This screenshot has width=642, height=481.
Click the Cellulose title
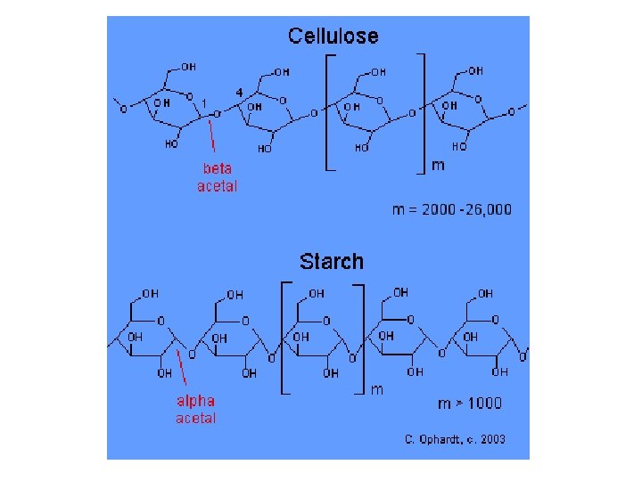[x=333, y=37]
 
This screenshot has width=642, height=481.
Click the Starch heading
[x=332, y=261]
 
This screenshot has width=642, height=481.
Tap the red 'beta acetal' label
[x=217, y=177]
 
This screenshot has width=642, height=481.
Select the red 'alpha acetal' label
[x=195, y=409]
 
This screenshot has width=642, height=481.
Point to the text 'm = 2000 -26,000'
[x=452, y=209]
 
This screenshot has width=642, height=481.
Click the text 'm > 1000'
[x=469, y=403]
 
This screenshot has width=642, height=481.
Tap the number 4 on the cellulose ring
[x=240, y=92]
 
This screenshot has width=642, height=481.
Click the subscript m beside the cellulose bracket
[x=438, y=165]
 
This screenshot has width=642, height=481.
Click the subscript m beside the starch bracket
[x=377, y=390]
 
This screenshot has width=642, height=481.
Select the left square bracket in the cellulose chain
[x=327, y=111]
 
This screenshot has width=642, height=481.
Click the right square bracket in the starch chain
[x=362, y=337]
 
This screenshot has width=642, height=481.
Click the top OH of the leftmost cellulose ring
[x=189, y=66]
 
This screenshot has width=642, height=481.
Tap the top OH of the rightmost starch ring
[x=485, y=292]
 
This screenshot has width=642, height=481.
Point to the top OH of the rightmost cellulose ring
[x=475, y=69]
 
